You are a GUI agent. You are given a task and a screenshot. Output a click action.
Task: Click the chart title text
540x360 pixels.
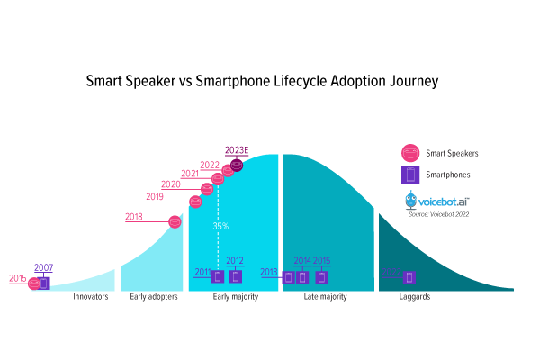coord(261,81)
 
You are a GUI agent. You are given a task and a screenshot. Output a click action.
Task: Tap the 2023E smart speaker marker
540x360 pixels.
coord(237,166)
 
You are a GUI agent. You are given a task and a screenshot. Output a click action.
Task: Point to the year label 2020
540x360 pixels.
coord(171,184)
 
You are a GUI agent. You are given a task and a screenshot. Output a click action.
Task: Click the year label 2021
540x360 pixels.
coord(190,174)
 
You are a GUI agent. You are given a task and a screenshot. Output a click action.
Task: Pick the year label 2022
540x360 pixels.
coord(210,165)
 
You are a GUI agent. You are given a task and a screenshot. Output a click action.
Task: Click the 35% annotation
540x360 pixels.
coord(220,226)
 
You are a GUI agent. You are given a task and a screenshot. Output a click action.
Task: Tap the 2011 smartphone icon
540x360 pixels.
coord(218,276)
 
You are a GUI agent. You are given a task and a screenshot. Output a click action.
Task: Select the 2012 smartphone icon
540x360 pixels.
coord(236,276)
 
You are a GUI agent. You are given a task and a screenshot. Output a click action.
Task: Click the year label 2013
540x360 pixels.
coord(268,272)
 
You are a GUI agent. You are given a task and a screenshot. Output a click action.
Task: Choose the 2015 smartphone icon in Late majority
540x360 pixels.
coord(321,276)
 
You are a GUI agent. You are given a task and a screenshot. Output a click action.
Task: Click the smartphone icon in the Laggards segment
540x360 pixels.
coord(409,277)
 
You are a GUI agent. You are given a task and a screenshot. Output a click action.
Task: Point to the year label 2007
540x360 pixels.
coord(43,267)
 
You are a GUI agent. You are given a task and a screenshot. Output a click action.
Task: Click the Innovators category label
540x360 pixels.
coord(91,296)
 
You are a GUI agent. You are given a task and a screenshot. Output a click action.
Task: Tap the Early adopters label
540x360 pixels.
coord(153,296)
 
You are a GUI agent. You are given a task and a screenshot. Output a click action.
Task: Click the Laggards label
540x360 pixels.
coord(413,296)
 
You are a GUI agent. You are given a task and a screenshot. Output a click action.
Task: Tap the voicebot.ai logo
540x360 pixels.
coord(438,201)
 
